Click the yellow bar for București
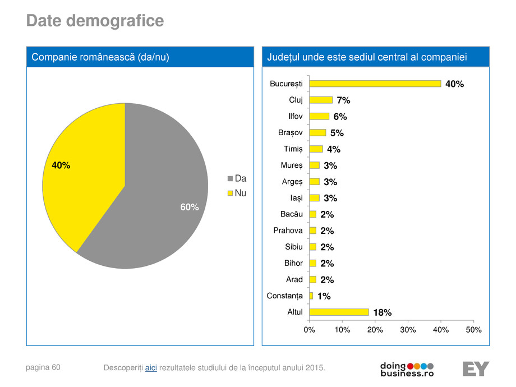[x=375, y=84]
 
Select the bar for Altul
[x=339, y=312]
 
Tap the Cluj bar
[x=321, y=100]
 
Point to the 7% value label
[x=343, y=100]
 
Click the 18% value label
[x=383, y=312]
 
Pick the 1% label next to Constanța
[x=324, y=296]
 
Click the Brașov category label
[x=291, y=133]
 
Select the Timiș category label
[x=292, y=149]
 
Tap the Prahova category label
[x=288, y=231]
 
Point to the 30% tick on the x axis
[x=408, y=330]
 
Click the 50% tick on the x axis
[x=474, y=330]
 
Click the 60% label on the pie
[x=190, y=208]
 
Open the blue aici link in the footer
[x=151, y=367]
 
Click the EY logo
[x=476, y=368]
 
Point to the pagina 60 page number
[x=43, y=367]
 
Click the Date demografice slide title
[x=95, y=21]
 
